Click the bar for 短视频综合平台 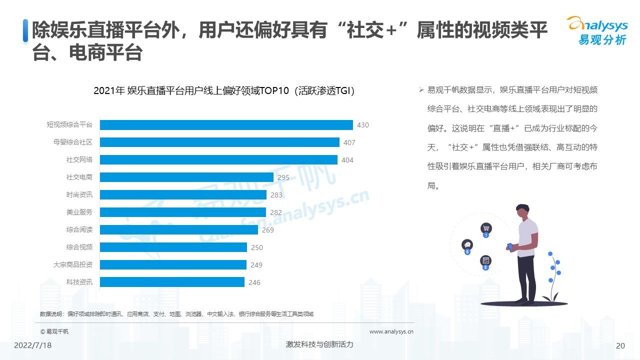click(x=226, y=125)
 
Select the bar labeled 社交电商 click(x=186, y=177)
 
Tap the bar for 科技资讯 click(x=172, y=282)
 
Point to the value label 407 click(x=349, y=142)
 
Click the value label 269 click(x=268, y=230)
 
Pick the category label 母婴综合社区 click(x=73, y=142)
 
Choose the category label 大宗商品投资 click(x=73, y=264)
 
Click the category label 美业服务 click(x=79, y=212)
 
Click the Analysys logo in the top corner click(x=596, y=30)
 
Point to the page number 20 click(x=620, y=345)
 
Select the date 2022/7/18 click(x=32, y=345)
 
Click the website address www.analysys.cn click(x=391, y=331)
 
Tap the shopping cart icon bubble click(x=485, y=228)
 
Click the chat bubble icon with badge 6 click(x=467, y=244)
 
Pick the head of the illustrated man click(x=523, y=211)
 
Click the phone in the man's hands click(x=510, y=246)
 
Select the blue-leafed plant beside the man click(x=553, y=277)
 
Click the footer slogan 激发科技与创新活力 click(x=319, y=344)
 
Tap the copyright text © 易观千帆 click(x=54, y=331)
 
